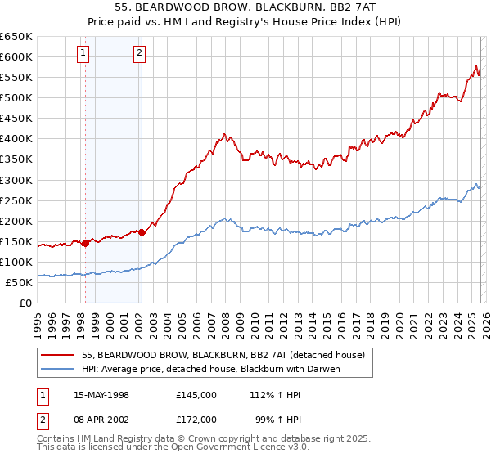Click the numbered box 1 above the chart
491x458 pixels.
click(x=84, y=54)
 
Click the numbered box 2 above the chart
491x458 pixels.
click(x=140, y=54)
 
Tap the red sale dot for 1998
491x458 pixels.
click(x=85, y=243)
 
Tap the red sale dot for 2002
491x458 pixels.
click(x=142, y=232)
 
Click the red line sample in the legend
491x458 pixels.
click(x=59, y=354)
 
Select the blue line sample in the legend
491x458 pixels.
click(x=59, y=369)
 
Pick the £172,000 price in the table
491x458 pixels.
click(x=196, y=420)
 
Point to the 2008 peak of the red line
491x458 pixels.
click(x=223, y=134)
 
